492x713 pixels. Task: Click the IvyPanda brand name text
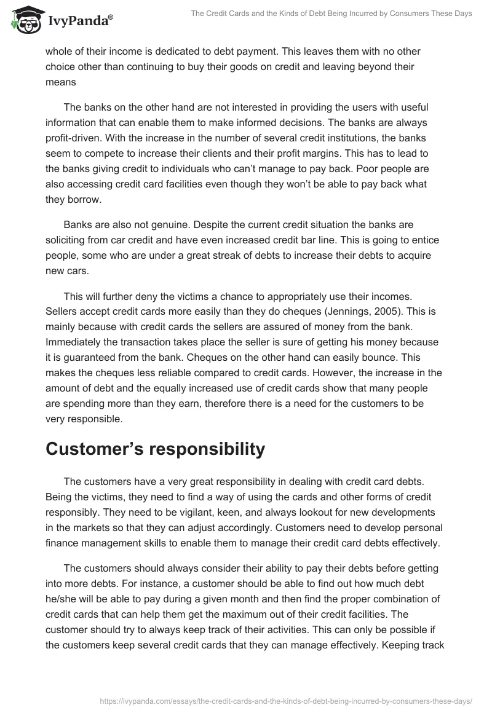pyautogui.click(x=79, y=22)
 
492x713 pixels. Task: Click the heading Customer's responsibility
pyautogui.click(x=155, y=449)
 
